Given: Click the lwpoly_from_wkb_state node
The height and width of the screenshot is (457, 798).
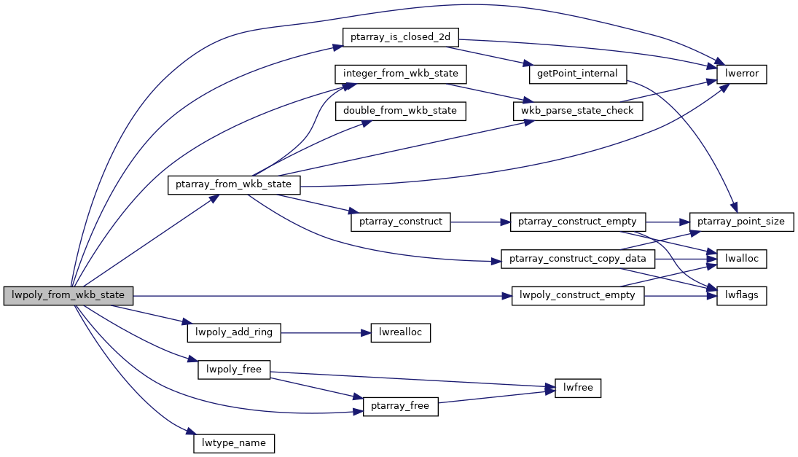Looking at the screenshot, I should (x=69, y=296).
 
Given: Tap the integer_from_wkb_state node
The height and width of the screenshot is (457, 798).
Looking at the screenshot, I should (x=400, y=74).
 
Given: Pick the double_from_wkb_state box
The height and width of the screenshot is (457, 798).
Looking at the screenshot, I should (x=400, y=111).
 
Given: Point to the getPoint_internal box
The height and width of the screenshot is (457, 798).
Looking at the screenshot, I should (x=576, y=74).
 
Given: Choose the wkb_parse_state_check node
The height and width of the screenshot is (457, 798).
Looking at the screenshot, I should (x=578, y=111).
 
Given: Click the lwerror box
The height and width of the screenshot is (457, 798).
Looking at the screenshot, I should (x=742, y=74).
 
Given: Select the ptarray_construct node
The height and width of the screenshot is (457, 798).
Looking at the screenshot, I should (x=400, y=222).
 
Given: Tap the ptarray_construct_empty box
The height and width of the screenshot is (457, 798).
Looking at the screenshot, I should (x=578, y=222).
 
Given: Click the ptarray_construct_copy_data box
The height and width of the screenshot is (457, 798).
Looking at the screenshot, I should (x=578, y=259).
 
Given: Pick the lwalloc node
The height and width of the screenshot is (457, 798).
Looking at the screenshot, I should (x=742, y=259).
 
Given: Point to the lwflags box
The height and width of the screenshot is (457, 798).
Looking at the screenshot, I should (x=742, y=296).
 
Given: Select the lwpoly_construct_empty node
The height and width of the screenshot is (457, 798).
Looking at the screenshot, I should (x=578, y=296).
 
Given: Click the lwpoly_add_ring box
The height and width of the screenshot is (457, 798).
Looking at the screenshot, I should (x=234, y=332).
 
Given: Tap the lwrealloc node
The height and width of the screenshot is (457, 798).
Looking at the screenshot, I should (x=400, y=332).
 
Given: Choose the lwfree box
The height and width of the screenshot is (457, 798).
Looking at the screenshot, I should (x=578, y=388).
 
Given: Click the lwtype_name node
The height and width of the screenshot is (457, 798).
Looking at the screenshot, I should (x=234, y=443).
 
